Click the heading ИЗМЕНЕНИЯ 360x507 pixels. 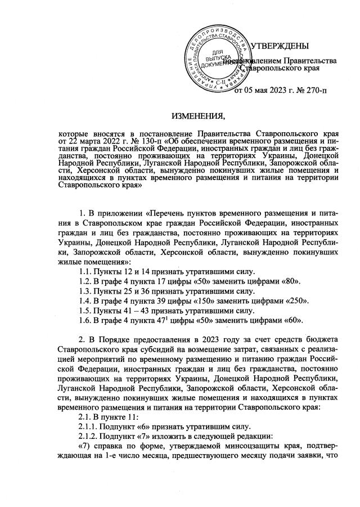[197, 116]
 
